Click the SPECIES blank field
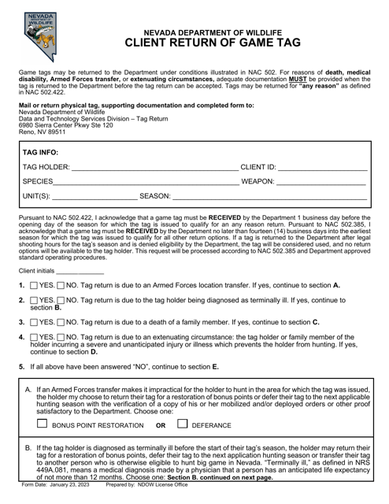[142, 183]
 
